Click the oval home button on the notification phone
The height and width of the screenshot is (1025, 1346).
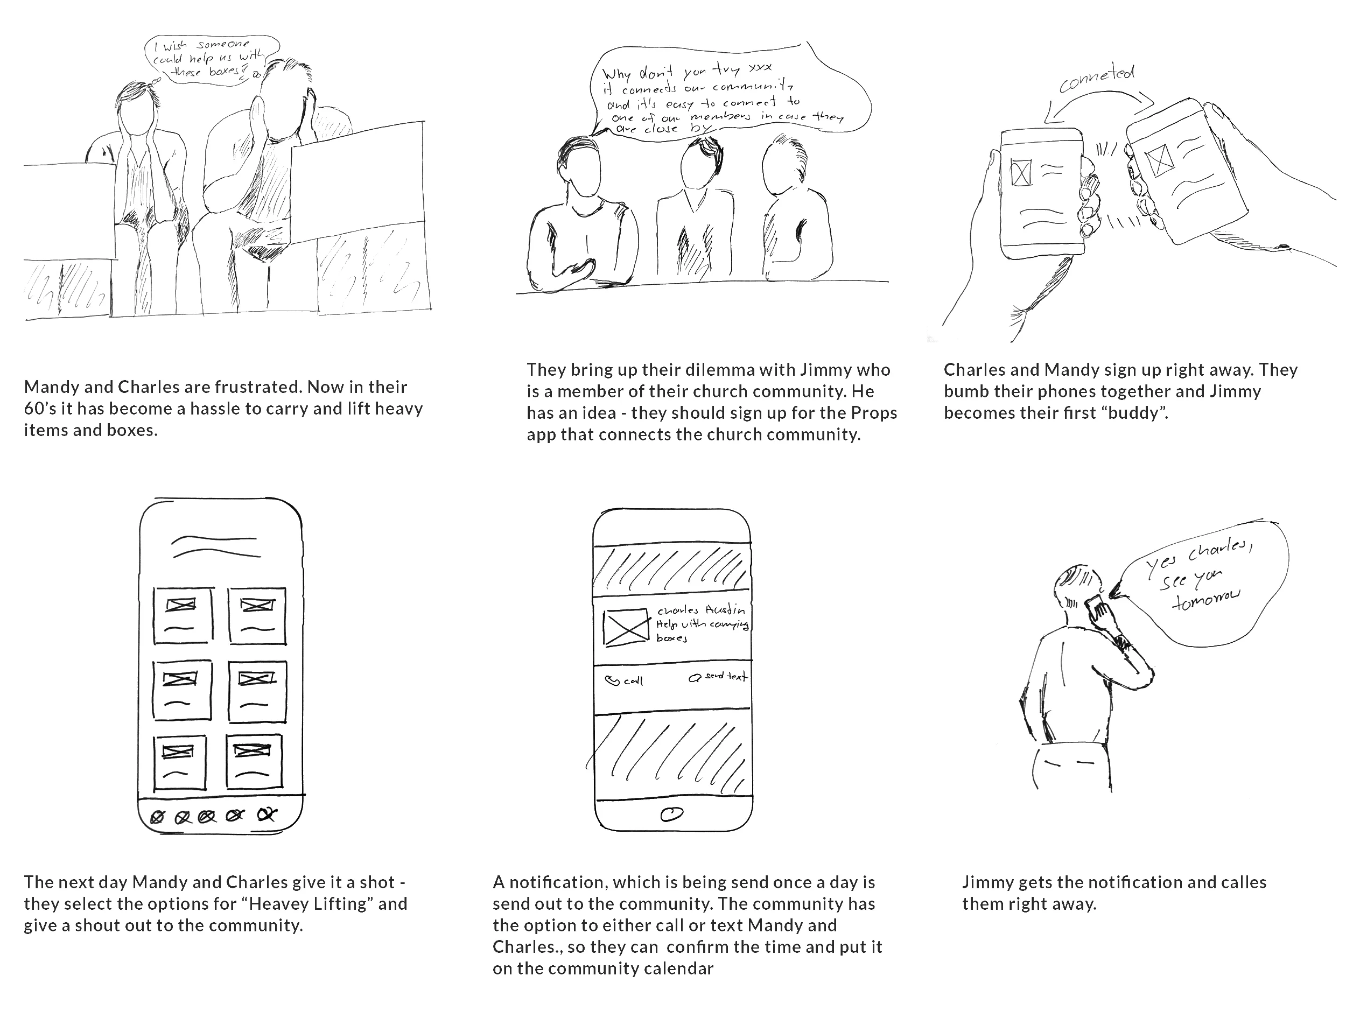(x=671, y=814)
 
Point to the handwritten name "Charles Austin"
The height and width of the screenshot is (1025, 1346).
(x=700, y=610)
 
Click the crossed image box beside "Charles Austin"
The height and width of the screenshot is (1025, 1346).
(x=626, y=627)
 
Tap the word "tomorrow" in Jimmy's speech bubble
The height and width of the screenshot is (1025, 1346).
(x=1205, y=599)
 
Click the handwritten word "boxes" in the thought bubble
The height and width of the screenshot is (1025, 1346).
(x=225, y=72)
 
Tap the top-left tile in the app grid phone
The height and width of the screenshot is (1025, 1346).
(x=183, y=615)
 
